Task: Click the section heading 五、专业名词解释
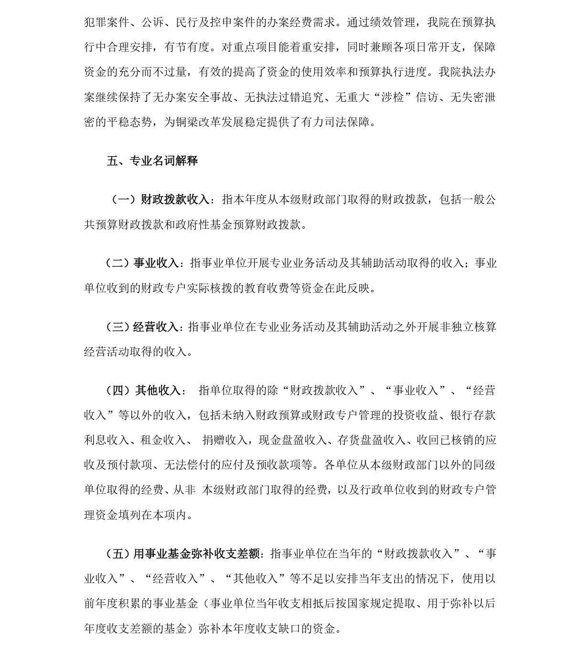(152, 161)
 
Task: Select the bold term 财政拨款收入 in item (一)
(175, 200)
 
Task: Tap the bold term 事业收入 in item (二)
(156, 263)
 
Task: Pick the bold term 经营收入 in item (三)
(155, 327)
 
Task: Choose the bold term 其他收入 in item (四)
(158, 391)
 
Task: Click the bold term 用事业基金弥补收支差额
(196, 554)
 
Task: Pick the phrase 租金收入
(163, 440)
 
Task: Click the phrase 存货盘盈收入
(372, 440)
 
